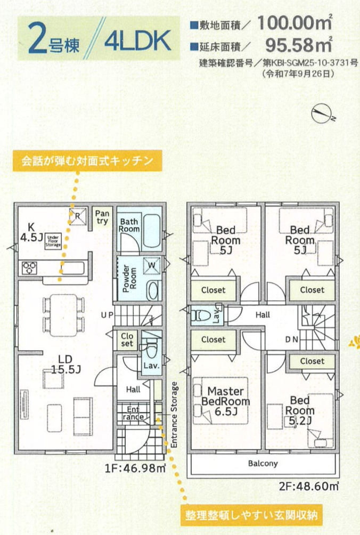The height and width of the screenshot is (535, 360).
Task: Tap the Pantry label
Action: click(102, 217)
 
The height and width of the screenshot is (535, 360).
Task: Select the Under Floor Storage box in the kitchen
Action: click(53, 241)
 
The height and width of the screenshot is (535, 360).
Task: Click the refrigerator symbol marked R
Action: click(77, 216)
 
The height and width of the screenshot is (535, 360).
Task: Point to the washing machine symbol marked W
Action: click(152, 265)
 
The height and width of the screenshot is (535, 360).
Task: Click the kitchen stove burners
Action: click(29, 267)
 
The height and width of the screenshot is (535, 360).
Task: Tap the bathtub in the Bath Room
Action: click(152, 230)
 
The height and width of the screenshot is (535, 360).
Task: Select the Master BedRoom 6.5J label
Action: click(225, 401)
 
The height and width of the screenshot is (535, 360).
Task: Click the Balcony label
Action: click(263, 464)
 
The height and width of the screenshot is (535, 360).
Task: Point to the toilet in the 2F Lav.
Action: click(199, 315)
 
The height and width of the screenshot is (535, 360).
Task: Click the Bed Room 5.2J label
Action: click(300, 410)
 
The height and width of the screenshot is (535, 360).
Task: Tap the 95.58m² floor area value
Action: click(299, 44)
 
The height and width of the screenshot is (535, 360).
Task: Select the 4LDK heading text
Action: click(138, 40)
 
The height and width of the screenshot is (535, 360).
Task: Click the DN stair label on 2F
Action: click(292, 339)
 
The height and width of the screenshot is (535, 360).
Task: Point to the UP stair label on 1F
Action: click(107, 315)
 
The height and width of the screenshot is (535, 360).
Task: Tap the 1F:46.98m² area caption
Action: click(135, 468)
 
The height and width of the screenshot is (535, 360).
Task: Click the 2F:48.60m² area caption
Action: click(309, 486)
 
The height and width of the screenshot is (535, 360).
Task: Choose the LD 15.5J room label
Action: click(66, 364)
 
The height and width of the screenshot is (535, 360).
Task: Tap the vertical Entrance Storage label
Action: click(174, 415)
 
